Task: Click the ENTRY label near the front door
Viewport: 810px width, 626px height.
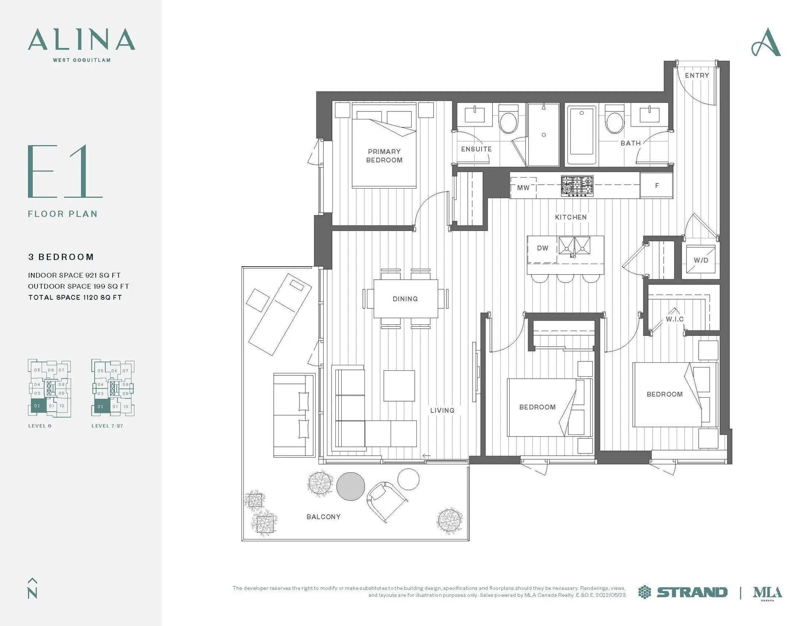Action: click(x=697, y=76)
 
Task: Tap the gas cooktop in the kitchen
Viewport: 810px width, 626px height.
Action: click(x=577, y=186)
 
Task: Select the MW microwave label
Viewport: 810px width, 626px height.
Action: click(x=523, y=188)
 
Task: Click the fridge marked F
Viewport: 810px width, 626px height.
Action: click(x=656, y=186)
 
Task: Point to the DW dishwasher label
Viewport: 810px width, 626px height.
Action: click(x=542, y=248)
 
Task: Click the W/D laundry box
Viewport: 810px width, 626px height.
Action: click(x=701, y=260)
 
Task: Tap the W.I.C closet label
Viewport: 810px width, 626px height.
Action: click(x=675, y=319)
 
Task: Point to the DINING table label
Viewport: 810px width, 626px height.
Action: click(x=405, y=299)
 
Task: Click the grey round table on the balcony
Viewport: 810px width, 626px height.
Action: click(x=351, y=486)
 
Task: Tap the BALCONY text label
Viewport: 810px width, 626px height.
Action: click(x=323, y=517)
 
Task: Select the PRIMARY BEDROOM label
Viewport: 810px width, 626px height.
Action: click(x=384, y=156)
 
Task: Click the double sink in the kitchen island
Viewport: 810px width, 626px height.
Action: click(x=574, y=246)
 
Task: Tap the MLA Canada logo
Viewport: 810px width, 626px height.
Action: click(x=767, y=593)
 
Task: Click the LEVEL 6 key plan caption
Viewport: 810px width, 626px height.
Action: click(x=40, y=426)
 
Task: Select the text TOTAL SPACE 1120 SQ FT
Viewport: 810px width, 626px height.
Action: click(x=75, y=297)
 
